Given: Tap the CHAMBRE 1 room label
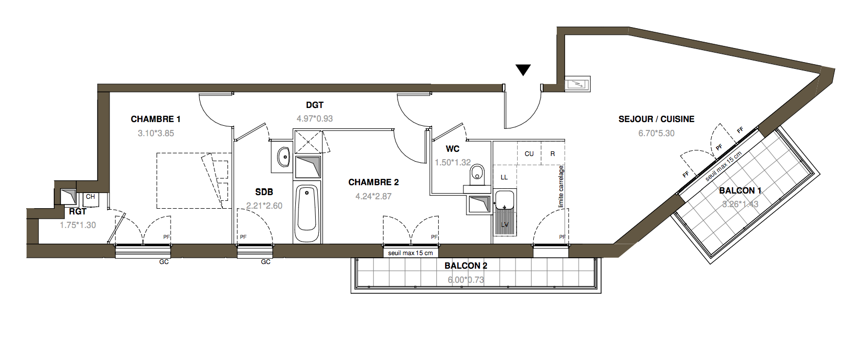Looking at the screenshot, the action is click(155, 119).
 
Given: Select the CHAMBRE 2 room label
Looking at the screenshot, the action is click(374, 183).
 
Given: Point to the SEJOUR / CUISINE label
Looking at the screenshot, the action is click(656, 119).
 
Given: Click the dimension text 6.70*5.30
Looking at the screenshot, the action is click(656, 133).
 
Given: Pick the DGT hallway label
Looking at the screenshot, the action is click(315, 105).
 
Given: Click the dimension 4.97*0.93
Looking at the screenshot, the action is click(315, 119).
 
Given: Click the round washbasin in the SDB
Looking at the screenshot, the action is click(283, 157).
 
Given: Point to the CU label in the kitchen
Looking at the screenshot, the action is click(529, 153).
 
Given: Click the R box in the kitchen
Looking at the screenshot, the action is click(553, 153).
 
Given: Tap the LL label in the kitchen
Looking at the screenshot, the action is click(504, 177).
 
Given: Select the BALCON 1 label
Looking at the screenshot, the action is click(740, 191).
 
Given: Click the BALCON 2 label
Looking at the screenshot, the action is click(465, 266).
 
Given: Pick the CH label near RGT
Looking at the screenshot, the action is click(90, 197).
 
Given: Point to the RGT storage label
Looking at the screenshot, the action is click(78, 212).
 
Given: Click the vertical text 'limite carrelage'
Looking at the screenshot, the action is click(561, 187).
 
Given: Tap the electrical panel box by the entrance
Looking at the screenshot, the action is click(577, 84).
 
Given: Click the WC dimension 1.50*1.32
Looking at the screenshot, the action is click(453, 163).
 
